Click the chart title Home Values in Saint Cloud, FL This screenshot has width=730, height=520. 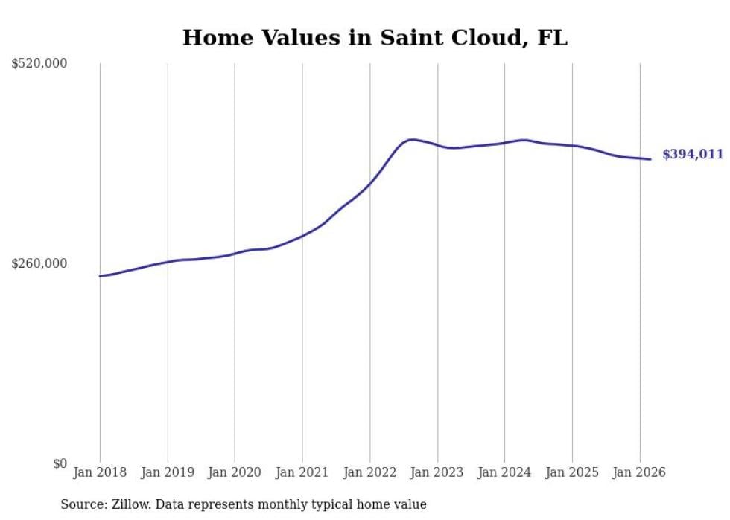click(375, 38)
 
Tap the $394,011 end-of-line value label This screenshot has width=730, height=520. click(693, 155)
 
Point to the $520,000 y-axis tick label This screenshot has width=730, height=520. click(39, 64)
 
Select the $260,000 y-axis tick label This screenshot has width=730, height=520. click(39, 264)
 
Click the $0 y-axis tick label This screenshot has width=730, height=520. click(60, 464)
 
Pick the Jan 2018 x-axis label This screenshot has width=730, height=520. click(100, 473)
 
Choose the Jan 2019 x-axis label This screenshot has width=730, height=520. click(168, 473)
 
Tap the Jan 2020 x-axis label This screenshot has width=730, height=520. click(235, 473)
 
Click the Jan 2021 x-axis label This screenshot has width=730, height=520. click(302, 473)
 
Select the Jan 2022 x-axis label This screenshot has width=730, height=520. click(369, 473)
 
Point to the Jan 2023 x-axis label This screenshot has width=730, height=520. click(437, 473)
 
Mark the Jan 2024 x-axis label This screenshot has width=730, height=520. click(504, 473)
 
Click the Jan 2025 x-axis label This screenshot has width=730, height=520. click(572, 473)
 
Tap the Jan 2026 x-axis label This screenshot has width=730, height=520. click(639, 473)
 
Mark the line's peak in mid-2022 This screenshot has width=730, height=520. click(412, 139)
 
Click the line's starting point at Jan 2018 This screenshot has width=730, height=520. click(100, 276)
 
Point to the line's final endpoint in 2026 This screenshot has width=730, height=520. click(650, 159)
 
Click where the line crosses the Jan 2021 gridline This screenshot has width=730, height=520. click(302, 236)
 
